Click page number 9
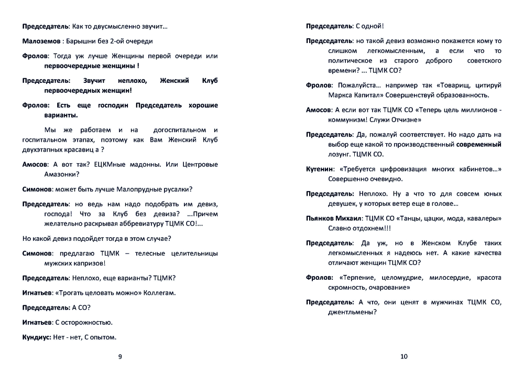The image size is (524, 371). click(120, 357)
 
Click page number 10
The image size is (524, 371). click(403, 357)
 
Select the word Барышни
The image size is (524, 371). click(82, 41)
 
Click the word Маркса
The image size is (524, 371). click(340, 95)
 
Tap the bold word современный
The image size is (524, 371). click(478, 144)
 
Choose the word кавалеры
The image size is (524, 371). click(483, 218)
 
